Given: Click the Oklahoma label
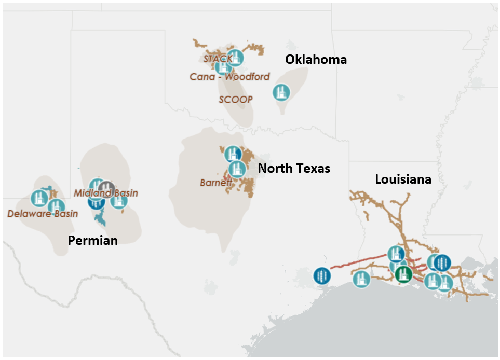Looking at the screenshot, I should click(316, 60).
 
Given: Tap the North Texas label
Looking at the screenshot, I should click(294, 168).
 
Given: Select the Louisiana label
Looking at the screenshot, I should click(403, 179).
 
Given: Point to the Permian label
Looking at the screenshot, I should click(93, 240).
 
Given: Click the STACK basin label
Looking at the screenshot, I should click(217, 59).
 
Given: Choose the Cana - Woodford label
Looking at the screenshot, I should click(229, 77).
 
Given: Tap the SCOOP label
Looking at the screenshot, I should click(235, 99).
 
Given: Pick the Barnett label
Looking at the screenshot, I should click(215, 183).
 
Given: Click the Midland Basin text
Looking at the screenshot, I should click(106, 193).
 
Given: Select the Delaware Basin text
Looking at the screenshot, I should click(43, 213).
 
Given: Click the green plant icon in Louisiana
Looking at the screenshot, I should click(402, 274).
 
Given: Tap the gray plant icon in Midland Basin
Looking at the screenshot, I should click(106, 188).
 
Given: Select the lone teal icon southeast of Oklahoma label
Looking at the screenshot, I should click(281, 92).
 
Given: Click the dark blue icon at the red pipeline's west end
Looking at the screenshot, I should click(322, 275).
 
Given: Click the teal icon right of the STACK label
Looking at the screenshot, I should click(235, 58).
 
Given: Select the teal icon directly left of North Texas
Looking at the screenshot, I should click(237, 169).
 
